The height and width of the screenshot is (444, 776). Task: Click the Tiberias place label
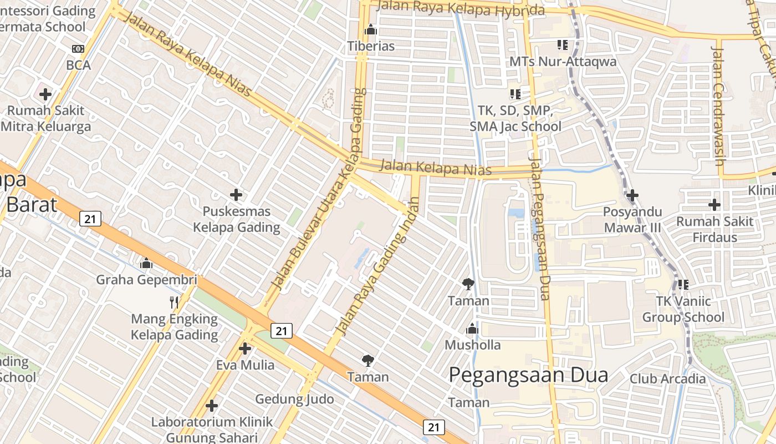coord(371,46)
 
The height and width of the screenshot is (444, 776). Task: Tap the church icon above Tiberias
coord(371,29)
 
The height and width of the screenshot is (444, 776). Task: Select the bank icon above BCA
coord(78,49)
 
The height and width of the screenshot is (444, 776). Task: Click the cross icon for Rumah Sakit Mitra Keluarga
coord(45,94)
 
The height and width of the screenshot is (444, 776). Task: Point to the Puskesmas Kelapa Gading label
coord(236,219)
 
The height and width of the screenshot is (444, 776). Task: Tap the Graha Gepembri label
coord(146,279)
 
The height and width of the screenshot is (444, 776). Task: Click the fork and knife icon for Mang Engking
coord(174,302)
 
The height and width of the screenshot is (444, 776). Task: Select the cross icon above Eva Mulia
coord(245,349)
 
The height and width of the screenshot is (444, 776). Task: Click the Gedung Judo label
coord(294,399)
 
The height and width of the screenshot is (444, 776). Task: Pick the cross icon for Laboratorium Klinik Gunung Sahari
coord(211,406)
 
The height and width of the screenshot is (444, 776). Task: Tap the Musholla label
coord(472,345)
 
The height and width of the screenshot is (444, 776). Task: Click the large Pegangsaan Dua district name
coord(528,375)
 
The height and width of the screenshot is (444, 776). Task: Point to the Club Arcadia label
coord(667,379)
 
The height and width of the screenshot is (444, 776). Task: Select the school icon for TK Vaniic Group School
coord(683,285)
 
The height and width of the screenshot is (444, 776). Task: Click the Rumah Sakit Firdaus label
coord(714,229)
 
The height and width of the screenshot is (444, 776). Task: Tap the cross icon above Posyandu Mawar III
coord(632,195)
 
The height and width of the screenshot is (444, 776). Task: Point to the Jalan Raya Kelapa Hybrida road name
coord(460,8)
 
